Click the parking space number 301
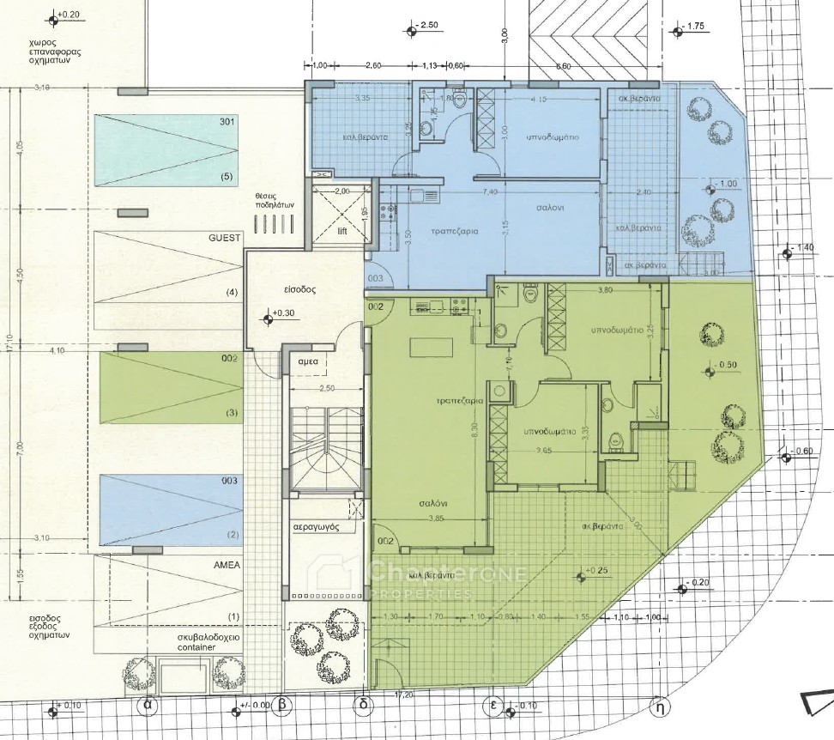pyautogui.click(x=227, y=122)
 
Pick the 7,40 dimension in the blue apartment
pyautogui.click(x=490, y=191)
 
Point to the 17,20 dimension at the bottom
pyautogui.click(x=402, y=693)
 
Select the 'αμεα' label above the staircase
pyautogui.click(x=308, y=361)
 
